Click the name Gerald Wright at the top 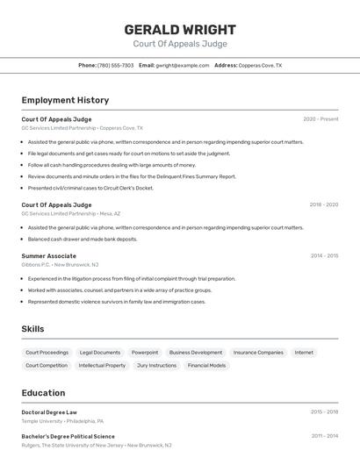(x=180, y=30)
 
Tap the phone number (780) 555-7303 (x=115, y=65)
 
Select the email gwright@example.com (x=182, y=65)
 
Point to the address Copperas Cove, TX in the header (x=260, y=65)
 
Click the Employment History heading (x=65, y=100)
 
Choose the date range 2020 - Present (x=320, y=119)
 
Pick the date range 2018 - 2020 (x=323, y=204)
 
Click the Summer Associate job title (x=49, y=255)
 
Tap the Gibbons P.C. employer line (x=60, y=264)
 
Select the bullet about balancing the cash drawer (x=83, y=239)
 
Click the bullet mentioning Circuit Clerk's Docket (x=90, y=188)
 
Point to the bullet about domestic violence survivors (x=116, y=302)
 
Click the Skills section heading (x=33, y=329)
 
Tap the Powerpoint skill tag (x=145, y=353)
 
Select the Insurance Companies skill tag (x=258, y=353)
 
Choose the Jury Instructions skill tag (x=156, y=365)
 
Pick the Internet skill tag (x=304, y=353)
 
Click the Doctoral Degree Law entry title (x=49, y=411)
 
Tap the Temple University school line (x=62, y=421)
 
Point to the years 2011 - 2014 (x=324, y=436)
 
